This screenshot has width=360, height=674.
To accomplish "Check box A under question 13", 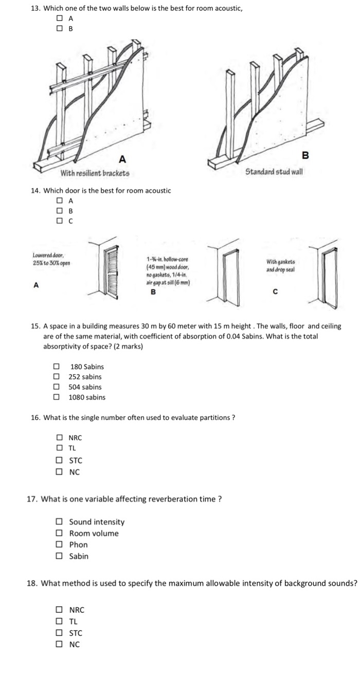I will (x=60, y=19).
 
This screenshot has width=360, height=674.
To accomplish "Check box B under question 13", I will (x=60, y=29).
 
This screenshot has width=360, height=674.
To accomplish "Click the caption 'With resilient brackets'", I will (x=95, y=173).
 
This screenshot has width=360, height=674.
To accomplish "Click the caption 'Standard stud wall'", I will (x=274, y=171).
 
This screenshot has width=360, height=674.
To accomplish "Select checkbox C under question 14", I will (x=60, y=221).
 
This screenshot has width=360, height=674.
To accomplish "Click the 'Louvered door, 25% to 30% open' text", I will (x=51, y=259).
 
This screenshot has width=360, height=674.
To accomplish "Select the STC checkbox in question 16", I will (x=60, y=461).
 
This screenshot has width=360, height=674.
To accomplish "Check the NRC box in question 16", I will (x=60, y=438).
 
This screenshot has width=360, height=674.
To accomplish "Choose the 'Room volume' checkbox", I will (x=60, y=533).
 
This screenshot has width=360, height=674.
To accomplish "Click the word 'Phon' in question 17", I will (x=78, y=544).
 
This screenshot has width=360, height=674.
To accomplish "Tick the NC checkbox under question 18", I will (x=60, y=644).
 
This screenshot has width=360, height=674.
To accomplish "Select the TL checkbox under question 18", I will (x=60, y=621).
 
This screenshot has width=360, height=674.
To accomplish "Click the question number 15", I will (x=35, y=326).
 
